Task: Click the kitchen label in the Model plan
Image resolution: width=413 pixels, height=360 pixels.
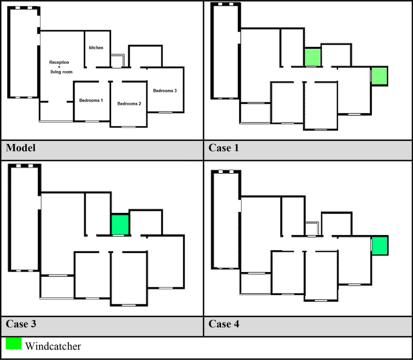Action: [x=96, y=48]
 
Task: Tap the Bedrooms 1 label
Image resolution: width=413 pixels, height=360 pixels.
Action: [x=91, y=100]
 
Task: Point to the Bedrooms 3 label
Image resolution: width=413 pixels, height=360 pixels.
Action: [x=165, y=91]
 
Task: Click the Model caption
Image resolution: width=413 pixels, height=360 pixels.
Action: [x=21, y=148]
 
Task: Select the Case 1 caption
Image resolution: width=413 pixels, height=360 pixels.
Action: [x=224, y=148]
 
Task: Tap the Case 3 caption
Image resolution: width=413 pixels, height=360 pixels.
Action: [x=21, y=324]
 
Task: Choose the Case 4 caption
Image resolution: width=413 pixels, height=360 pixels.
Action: [x=224, y=324]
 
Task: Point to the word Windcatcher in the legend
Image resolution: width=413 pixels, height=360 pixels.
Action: [x=53, y=346]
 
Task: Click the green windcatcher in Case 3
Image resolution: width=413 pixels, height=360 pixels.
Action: [x=120, y=224]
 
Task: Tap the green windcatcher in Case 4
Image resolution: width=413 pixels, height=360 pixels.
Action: [x=380, y=246]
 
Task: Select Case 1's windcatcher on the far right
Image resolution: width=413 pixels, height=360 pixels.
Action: [x=379, y=76]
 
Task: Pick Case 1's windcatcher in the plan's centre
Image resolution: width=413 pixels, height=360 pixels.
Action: [x=312, y=57]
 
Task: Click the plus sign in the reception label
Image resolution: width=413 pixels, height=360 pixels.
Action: [x=59, y=67]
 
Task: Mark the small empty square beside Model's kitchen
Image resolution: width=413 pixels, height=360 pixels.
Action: [x=118, y=60]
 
